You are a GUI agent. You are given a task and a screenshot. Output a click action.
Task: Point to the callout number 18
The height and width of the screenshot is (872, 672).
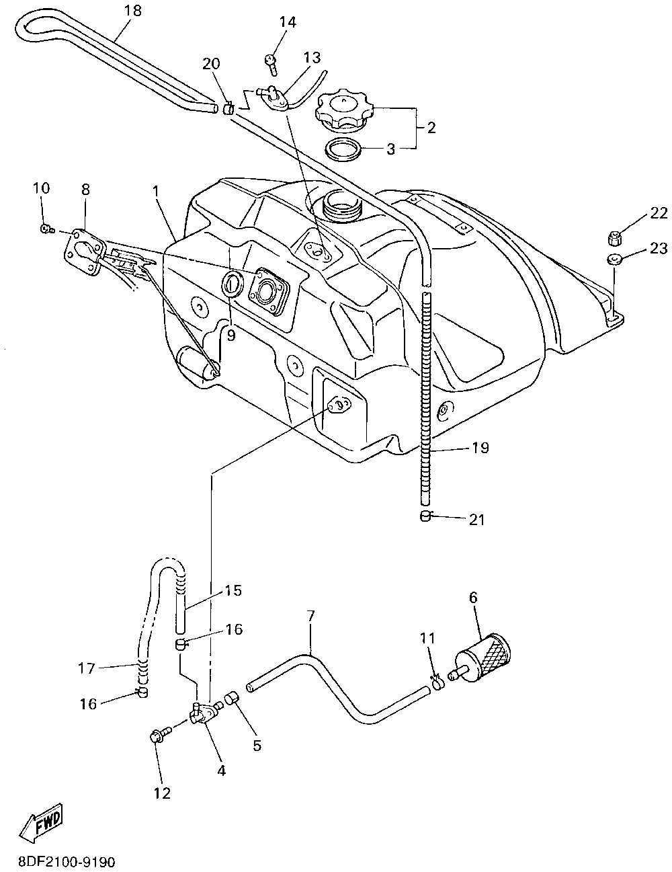(x=134, y=11)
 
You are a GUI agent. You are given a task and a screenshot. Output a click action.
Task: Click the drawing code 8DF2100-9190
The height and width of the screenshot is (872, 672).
(x=62, y=861)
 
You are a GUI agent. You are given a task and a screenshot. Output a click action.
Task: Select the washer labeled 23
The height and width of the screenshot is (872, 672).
(x=614, y=260)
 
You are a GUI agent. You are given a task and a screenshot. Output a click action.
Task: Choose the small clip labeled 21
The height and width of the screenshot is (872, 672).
(x=425, y=516)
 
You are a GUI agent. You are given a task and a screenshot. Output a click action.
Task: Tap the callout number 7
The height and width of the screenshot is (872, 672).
(x=310, y=617)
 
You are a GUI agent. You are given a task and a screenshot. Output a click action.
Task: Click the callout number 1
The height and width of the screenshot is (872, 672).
(x=155, y=191)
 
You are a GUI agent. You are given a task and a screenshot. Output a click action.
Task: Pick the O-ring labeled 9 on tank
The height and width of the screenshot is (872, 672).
(x=230, y=283)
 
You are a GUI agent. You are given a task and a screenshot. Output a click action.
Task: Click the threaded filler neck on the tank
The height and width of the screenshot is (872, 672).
(x=342, y=204)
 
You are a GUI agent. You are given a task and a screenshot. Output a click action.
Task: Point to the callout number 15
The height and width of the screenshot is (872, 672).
(x=233, y=590)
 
